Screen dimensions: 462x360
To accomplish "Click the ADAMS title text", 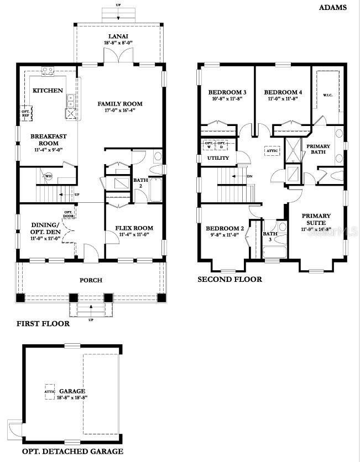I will [332, 8].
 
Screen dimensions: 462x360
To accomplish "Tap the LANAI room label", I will [119, 36].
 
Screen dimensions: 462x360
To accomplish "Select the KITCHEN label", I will [48, 90].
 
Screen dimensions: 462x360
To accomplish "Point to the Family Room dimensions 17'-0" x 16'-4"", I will [120, 111].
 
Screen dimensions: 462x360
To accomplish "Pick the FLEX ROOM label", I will [134, 228].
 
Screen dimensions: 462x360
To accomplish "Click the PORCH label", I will [91, 280].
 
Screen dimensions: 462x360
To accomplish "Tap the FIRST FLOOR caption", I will [43, 324].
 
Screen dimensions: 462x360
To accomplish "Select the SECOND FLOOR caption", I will [229, 280].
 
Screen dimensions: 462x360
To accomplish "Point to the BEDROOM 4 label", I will [283, 92].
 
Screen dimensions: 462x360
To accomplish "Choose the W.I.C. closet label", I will [328, 96].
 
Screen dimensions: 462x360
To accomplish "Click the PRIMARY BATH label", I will [319, 150].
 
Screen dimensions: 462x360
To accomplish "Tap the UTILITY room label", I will [218, 158].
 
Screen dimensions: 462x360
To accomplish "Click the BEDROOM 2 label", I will [225, 228].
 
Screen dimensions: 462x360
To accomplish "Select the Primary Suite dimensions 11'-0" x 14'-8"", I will [316, 229].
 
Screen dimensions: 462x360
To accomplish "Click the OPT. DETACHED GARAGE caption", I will [72, 452].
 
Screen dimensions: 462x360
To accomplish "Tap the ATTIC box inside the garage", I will [50, 392].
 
